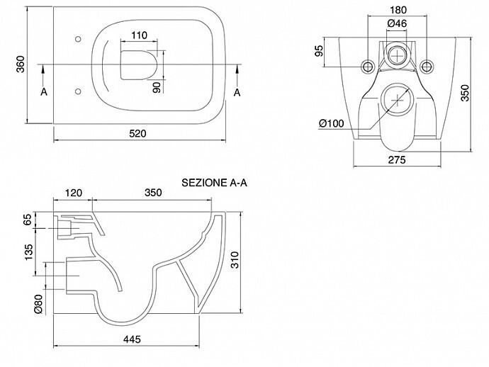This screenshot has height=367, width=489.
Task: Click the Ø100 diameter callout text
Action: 332,124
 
